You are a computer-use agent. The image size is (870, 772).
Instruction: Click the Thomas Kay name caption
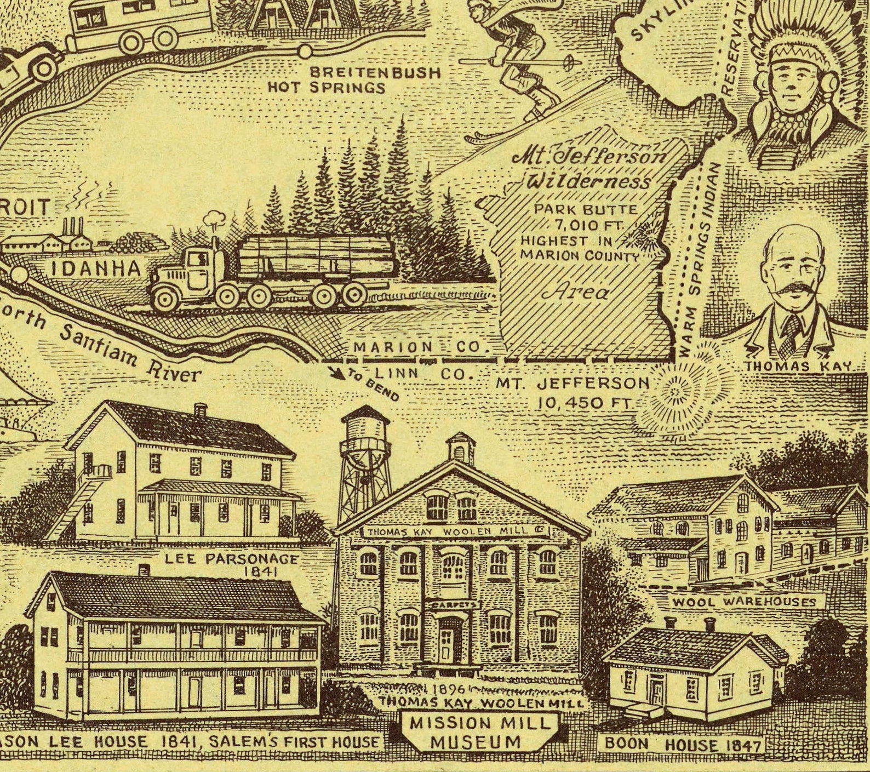click(798, 367)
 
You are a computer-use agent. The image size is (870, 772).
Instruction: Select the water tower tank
click(364, 433)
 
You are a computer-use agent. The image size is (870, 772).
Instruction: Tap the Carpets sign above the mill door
click(453, 604)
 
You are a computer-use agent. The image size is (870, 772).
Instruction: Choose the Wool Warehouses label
click(744, 602)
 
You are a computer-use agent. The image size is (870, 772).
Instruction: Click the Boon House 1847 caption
click(683, 745)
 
